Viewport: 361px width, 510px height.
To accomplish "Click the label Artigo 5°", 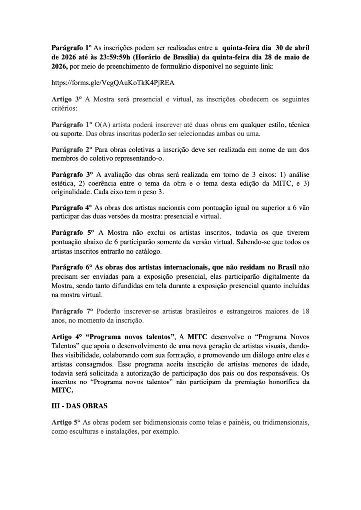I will point(66,422).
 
